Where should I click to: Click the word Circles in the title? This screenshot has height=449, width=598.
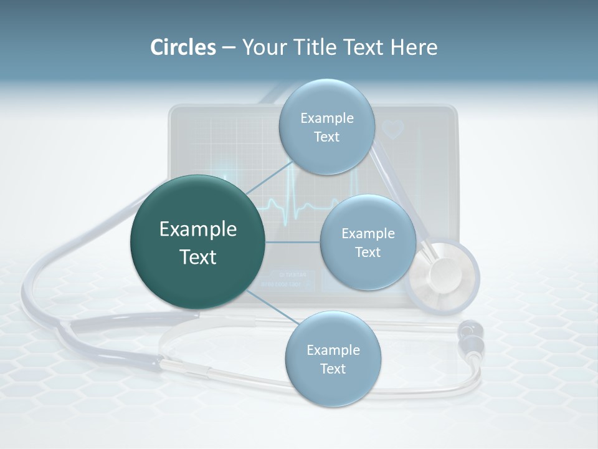pos(183,47)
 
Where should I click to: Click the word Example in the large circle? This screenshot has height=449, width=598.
pos(198,229)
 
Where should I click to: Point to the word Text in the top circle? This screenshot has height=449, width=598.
pos(326,137)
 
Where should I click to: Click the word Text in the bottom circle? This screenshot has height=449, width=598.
pos(333,369)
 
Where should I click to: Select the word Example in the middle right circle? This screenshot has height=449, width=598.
pos(368,234)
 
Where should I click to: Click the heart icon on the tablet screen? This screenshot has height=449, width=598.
pos(393,130)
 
